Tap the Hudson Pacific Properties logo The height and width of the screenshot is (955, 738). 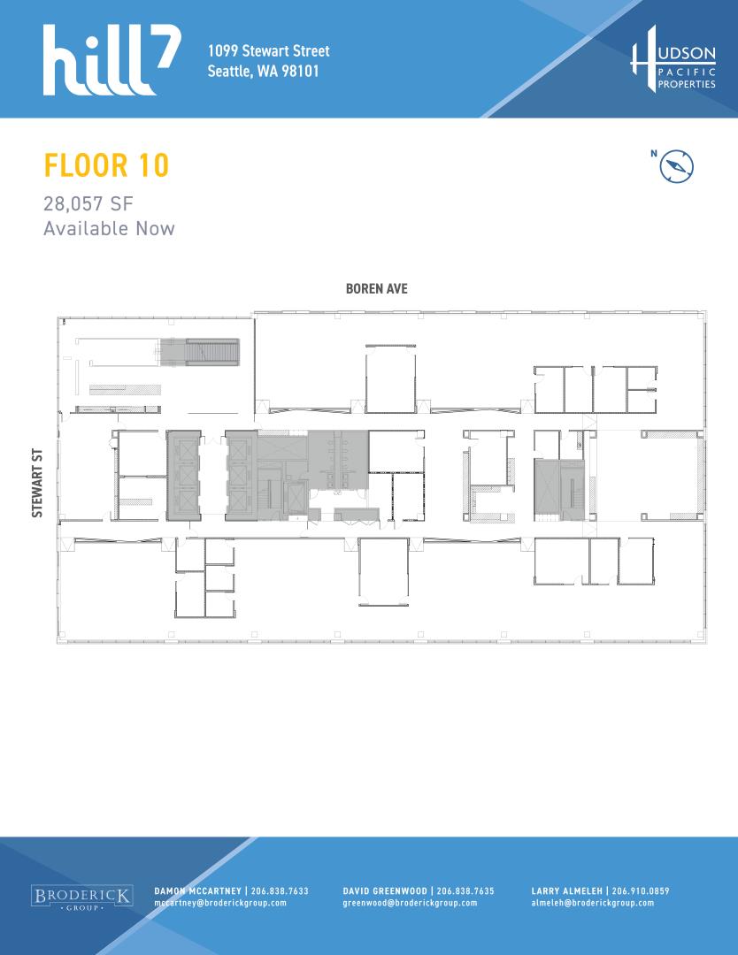pos(673,59)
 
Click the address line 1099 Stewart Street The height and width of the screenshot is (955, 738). pos(268,50)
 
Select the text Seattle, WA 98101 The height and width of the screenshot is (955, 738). pos(264,71)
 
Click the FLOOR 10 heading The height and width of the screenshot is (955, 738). pos(106,165)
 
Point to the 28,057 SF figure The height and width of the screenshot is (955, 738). pos(88,203)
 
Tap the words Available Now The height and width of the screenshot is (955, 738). pos(109,228)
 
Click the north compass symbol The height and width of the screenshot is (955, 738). pos(676,166)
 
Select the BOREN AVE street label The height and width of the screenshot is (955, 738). pos(377,288)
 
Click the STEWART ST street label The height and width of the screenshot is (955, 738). pos(37,484)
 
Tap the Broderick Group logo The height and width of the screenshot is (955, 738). pos(82,898)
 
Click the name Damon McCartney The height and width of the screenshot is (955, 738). pos(197,891)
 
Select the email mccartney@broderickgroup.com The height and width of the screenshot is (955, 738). pos(220,903)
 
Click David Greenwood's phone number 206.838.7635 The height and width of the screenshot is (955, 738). pos(465,891)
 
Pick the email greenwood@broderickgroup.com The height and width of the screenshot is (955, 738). pos(410,903)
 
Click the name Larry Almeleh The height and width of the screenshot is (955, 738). pos(566,891)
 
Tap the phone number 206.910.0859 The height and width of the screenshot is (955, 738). pos(641,891)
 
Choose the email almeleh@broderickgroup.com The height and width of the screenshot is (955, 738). pos(592,903)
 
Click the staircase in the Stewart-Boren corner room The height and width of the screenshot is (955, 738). pos(200,353)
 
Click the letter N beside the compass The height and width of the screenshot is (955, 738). pos(654,154)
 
